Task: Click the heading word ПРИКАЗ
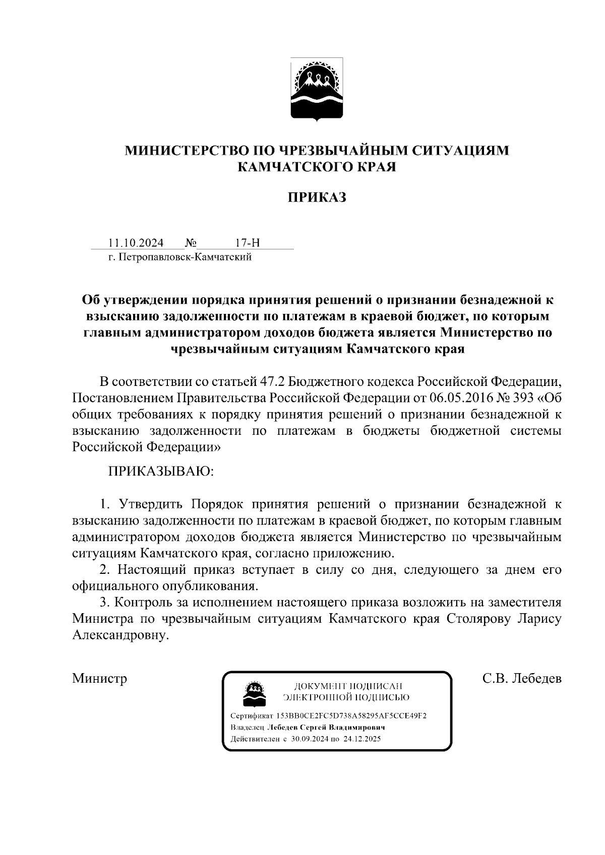point(317,198)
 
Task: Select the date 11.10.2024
point(136,243)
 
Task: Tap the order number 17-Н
point(247,243)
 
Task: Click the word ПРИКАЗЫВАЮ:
point(161,472)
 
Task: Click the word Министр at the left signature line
point(99,678)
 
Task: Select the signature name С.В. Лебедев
point(522,678)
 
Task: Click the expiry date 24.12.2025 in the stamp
point(362,739)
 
